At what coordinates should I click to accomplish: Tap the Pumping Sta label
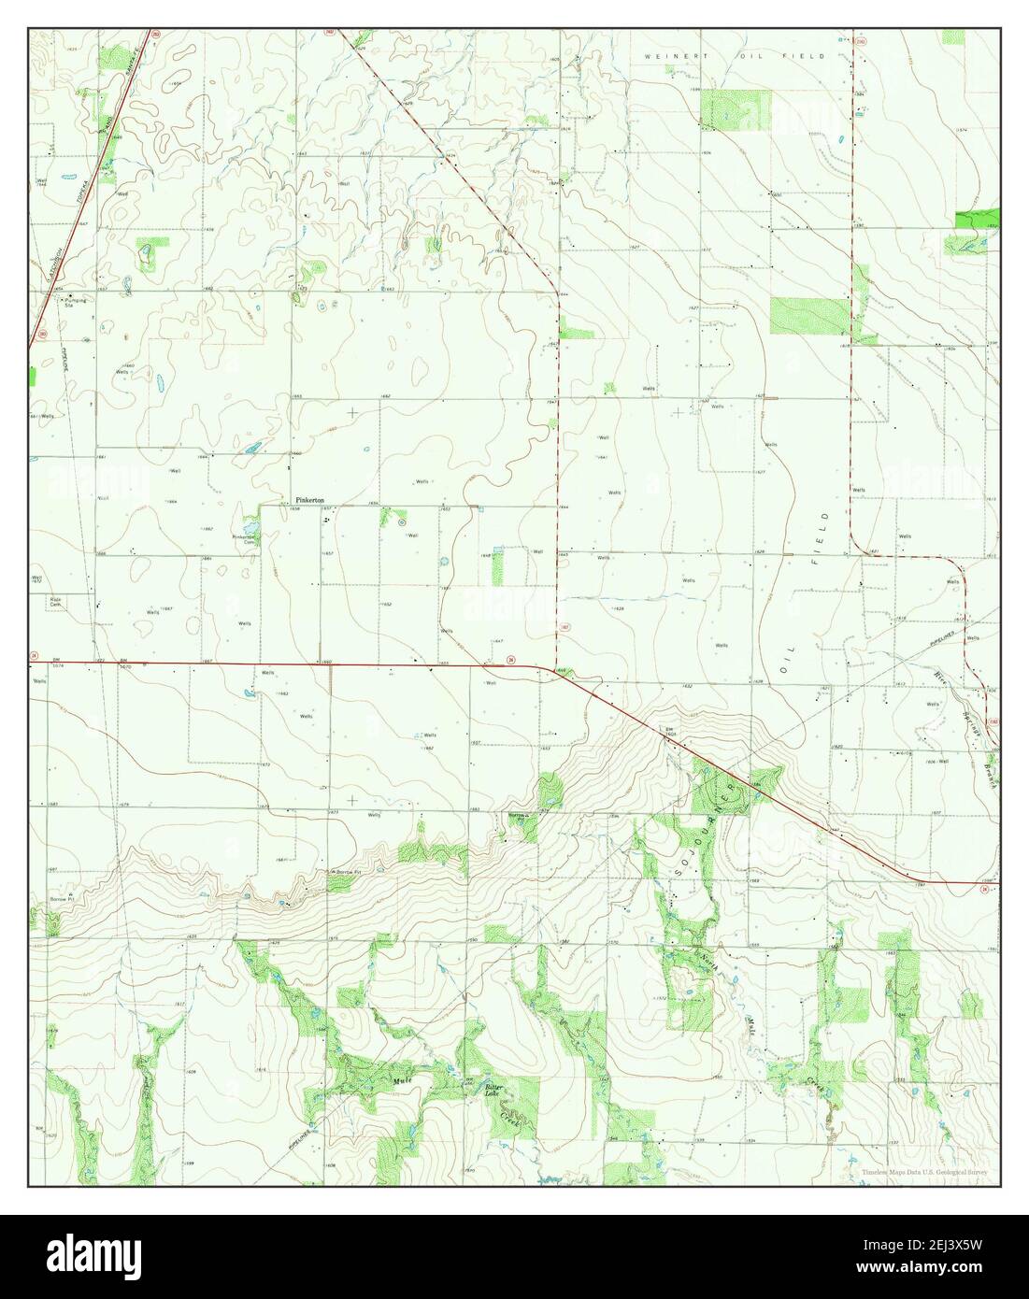tap(75, 301)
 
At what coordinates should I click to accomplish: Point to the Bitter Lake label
tap(494, 1088)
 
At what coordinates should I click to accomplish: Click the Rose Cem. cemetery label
tap(56, 600)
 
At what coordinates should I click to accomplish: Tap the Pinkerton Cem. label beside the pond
tap(244, 539)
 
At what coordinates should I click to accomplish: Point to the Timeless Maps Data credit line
tap(924, 1172)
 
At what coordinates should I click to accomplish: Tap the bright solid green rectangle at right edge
tap(977, 219)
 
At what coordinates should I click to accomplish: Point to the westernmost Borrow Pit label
tap(62, 898)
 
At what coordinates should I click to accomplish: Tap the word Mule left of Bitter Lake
tap(402, 1079)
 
